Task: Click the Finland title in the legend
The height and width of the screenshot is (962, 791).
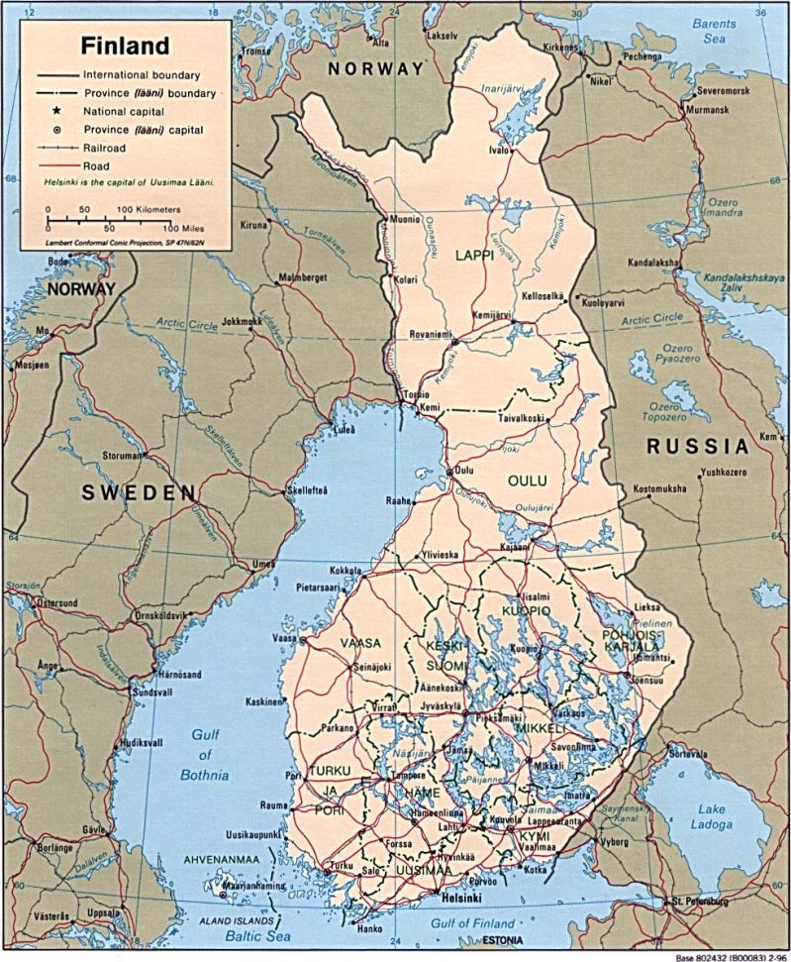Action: (126, 46)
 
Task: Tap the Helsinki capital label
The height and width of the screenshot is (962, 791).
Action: (461, 899)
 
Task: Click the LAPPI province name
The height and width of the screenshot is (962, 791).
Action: (474, 256)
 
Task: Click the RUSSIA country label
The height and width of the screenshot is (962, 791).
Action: (697, 447)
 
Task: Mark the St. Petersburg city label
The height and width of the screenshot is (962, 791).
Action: (699, 903)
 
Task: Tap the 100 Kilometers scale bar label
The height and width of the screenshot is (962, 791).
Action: (149, 210)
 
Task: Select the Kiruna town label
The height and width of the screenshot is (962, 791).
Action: (253, 225)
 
